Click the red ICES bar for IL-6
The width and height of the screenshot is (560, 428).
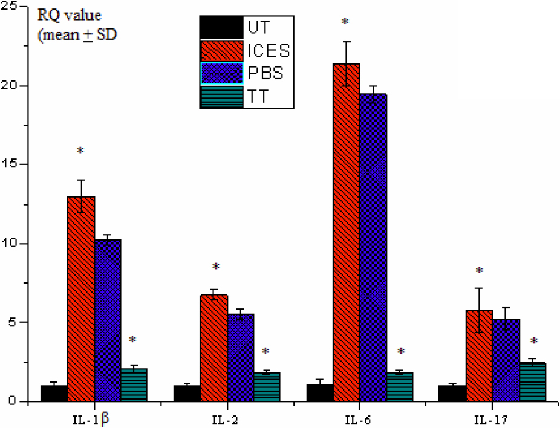pyautogui.click(x=346, y=232)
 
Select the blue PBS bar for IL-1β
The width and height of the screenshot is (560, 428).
pyautogui.click(x=108, y=320)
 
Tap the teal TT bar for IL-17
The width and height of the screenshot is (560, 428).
pyautogui.click(x=533, y=381)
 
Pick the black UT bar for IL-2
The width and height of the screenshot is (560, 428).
pyautogui.click(x=187, y=393)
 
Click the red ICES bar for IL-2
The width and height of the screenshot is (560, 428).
pyautogui.click(x=213, y=348)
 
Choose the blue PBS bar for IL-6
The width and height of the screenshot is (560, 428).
pyautogui.click(x=373, y=247)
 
